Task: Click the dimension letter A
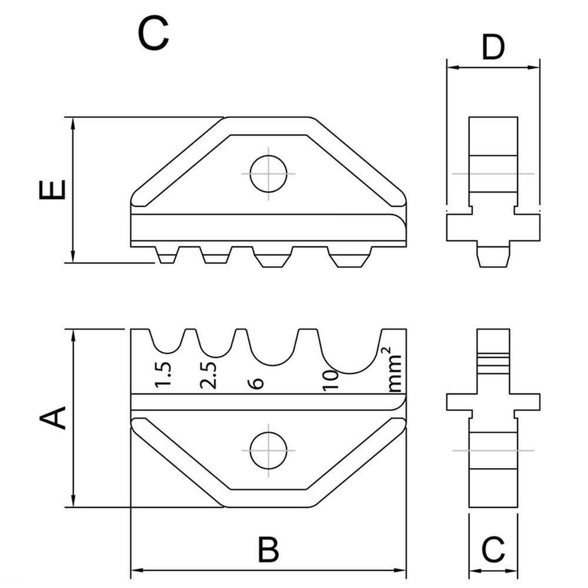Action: tap(52, 419)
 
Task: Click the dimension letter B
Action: tap(268, 550)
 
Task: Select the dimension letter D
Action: tap(493, 48)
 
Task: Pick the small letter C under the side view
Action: tap(493, 550)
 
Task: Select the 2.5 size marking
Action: tap(209, 375)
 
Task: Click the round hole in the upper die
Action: tap(268, 173)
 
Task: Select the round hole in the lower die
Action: tap(268, 450)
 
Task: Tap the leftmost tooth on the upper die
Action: tap(167, 255)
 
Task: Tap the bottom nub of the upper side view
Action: tap(493, 256)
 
